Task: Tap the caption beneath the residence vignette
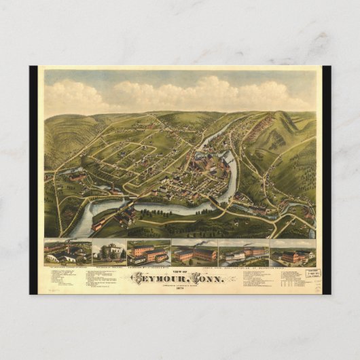(109, 266)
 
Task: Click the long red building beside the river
(102, 221)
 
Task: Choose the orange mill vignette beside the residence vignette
(148, 253)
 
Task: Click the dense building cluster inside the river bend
(204, 170)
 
